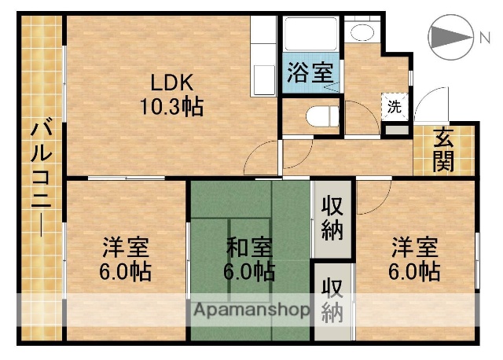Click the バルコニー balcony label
click(x=39, y=178)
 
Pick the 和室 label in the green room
click(x=250, y=249)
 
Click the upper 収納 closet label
click(x=332, y=218)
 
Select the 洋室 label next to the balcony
click(x=126, y=249)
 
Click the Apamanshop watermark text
click(x=251, y=309)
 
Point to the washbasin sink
click(x=362, y=33)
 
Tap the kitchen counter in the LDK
click(x=263, y=59)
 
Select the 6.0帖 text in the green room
click(x=250, y=273)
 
